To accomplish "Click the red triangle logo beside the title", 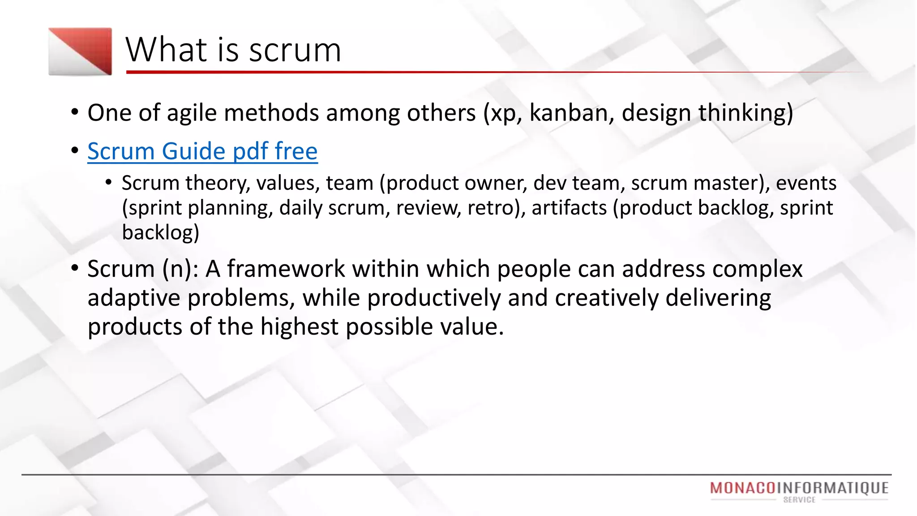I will tap(80, 51).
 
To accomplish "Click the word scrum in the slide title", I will tap(295, 50).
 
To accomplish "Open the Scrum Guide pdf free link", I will tap(202, 151).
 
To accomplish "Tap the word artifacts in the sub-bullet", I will tap(569, 208).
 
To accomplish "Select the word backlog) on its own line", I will tap(160, 232).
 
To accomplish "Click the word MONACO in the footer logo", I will tap(742, 488).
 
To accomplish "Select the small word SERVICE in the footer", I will tap(799, 500).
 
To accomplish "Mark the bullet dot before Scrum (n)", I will tap(75, 268).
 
